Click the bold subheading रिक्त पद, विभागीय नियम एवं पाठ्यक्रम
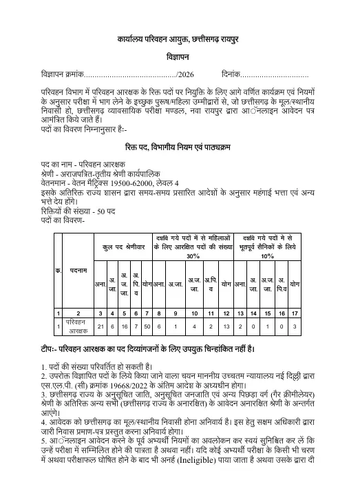point(180,148)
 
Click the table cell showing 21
point(100,326)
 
